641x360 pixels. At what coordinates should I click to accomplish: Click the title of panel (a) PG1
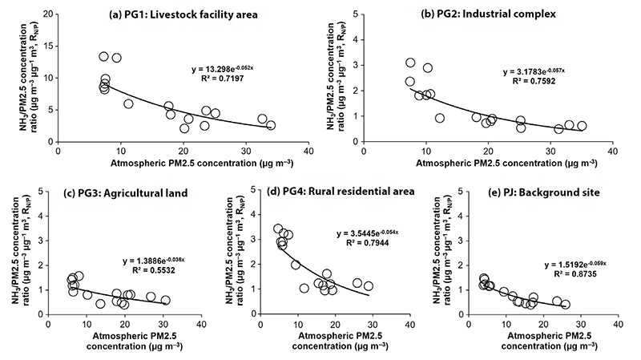point(183,14)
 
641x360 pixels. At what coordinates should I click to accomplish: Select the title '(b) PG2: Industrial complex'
point(488,14)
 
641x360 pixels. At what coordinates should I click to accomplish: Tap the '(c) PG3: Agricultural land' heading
point(125,193)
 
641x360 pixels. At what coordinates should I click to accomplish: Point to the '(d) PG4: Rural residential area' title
point(340,192)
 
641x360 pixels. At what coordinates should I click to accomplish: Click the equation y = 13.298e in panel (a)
point(223,69)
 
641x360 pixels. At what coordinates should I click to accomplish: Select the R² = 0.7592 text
point(534,81)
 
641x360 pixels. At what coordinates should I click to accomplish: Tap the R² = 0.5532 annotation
point(153,269)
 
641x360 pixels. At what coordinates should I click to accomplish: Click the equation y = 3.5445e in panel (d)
point(368,233)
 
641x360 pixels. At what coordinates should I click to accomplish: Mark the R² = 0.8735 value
point(575,273)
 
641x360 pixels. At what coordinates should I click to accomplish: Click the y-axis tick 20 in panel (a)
point(49,14)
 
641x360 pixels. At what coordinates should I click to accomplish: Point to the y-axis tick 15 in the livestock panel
point(49,47)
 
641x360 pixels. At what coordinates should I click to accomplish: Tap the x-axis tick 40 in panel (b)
point(612,152)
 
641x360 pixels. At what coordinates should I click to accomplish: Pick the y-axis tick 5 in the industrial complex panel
point(355,14)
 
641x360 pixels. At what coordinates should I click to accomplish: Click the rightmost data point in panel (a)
point(271,125)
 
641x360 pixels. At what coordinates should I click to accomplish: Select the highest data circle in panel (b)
point(410,63)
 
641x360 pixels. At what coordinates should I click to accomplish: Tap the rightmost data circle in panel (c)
point(165,301)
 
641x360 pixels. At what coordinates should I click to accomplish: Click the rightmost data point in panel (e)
point(566,305)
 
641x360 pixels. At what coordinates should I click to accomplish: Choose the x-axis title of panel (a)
point(202,164)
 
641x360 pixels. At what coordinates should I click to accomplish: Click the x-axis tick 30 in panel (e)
point(581,325)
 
